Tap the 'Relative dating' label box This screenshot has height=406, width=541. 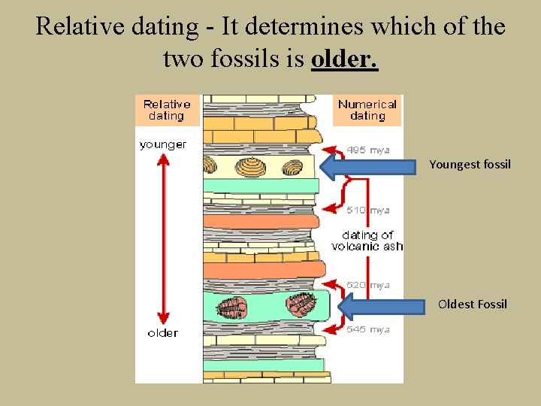(x=167, y=110)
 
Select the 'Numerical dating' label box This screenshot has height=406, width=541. (x=367, y=110)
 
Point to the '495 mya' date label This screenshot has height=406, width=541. (x=368, y=150)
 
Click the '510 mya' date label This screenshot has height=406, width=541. (x=368, y=211)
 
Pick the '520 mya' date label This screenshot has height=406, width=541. (x=368, y=286)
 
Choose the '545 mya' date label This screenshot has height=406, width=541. (x=368, y=329)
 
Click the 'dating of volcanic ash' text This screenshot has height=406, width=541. (x=367, y=241)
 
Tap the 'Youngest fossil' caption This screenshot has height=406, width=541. (x=470, y=164)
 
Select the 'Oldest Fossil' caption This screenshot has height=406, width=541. (x=473, y=304)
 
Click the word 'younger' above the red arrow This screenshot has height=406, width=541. (x=163, y=144)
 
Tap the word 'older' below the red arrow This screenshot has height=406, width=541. (x=163, y=332)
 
